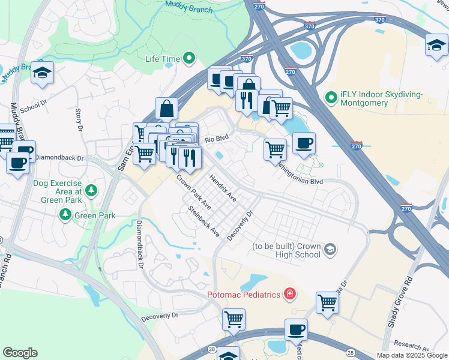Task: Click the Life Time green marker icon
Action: pyautogui.click(x=190, y=59)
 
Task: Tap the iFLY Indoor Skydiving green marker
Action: pyautogui.click(x=330, y=97)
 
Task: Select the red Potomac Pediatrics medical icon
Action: pyautogui.click(x=289, y=294)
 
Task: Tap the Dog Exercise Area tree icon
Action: pyautogui.click(x=91, y=191)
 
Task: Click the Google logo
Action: pyautogui.click(x=20, y=353)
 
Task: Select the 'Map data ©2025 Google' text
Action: pyautogui.click(x=411, y=355)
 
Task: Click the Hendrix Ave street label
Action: pyautogui.click(x=223, y=188)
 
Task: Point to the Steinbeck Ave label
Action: pyautogui.click(x=204, y=221)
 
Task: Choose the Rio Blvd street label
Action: pyautogui.click(x=217, y=139)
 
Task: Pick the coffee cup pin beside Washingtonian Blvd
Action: pyautogui.click(x=304, y=142)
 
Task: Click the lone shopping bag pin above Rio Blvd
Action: pyautogui.click(x=166, y=108)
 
